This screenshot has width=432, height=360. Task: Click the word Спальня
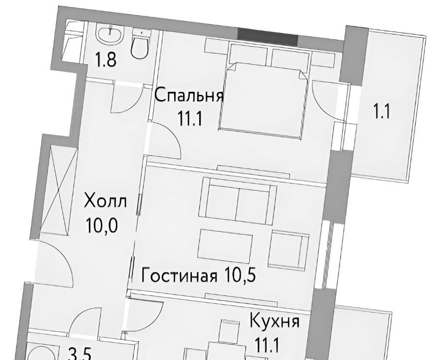point(189,96)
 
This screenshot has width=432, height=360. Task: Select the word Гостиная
point(179,275)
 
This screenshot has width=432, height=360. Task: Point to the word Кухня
point(274,321)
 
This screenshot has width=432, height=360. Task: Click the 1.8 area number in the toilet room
point(106,60)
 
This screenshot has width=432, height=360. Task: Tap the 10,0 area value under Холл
point(102,225)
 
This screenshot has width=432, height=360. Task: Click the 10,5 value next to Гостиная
point(240,274)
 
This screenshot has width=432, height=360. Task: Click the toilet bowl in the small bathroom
point(141,44)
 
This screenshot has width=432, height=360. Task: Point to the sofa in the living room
point(239,201)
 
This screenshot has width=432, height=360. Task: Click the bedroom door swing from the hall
point(165,141)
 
